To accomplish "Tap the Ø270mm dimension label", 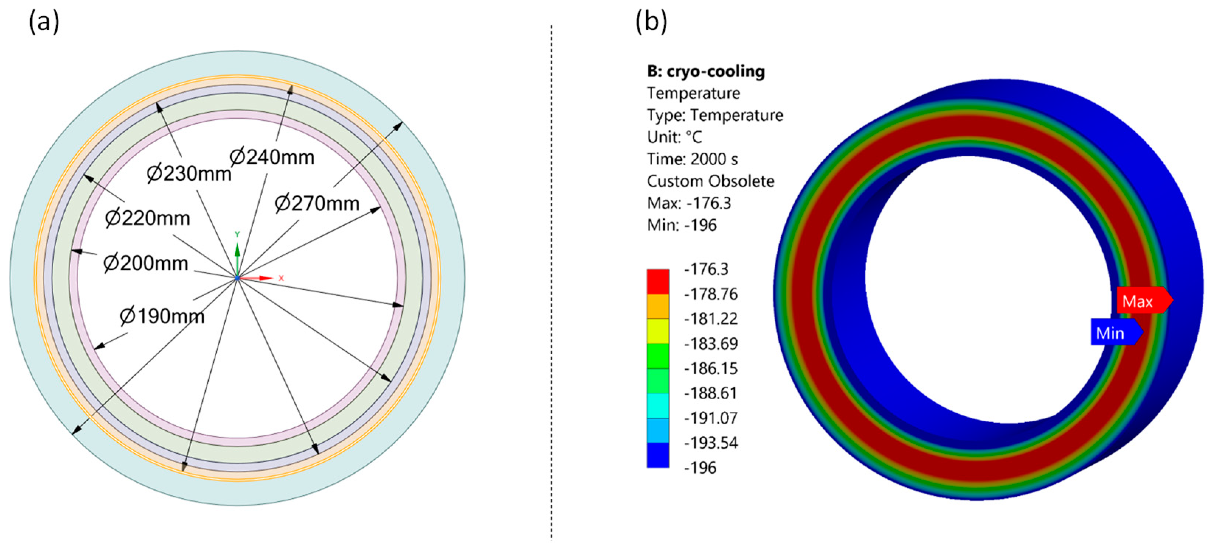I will (x=317, y=204).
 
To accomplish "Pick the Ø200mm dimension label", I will (x=146, y=263).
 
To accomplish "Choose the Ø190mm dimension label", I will (x=162, y=316).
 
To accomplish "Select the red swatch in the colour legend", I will (x=657, y=281).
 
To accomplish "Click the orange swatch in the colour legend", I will (x=657, y=306).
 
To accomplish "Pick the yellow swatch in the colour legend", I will (x=657, y=331).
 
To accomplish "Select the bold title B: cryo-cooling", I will (x=706, y=72).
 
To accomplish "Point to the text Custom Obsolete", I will (x=710, y=181).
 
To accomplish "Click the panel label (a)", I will (x=44, y=22).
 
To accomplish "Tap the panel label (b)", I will (x=651, y=22).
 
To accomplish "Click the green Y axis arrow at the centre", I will (x=237, y=250).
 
